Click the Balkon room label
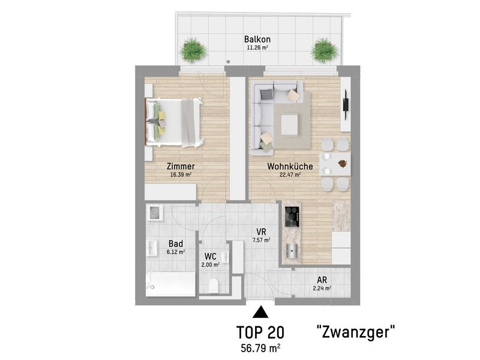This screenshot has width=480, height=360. click(x=257, y=39)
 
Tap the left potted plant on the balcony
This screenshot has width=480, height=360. click(x=193, y=50)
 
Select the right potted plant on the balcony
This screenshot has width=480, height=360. click(x=325, y=50)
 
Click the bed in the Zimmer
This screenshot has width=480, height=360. click(x=173, y=122)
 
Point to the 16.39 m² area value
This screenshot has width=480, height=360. click(x=181, y=175)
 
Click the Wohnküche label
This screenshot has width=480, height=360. click(x=290, y=166)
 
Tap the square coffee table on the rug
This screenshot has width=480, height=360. click(x=289, y=124)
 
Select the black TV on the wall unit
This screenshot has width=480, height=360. click(x=346, y=104)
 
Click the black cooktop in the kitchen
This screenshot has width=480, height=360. click(x=292, y=217)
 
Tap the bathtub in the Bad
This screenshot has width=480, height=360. click(x=170, y=284)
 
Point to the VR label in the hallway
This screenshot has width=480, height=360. click(x=261, y=232)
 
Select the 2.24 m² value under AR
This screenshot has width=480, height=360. click(x=322, y=288)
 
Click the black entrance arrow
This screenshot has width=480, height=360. click(x=260, y=312)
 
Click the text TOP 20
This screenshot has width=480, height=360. click(x=260, y=332)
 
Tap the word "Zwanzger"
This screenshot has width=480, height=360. click(x=355, y=332)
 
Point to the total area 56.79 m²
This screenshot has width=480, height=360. click(x=261, y=348)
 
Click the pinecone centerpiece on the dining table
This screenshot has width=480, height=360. click(x=343, y=164)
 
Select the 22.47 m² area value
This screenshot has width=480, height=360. click(x=290, y=175)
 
